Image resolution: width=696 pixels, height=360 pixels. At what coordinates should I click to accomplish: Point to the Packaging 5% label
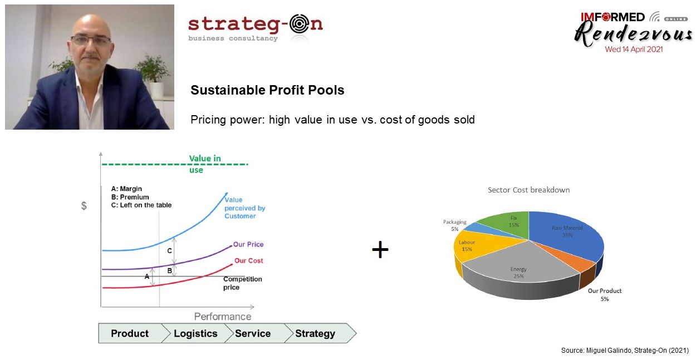(x=454, y=225)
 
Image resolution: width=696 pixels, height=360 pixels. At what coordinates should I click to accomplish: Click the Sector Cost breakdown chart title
(x=528, y=190)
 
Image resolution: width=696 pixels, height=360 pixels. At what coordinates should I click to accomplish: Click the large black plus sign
(x=380, y=249)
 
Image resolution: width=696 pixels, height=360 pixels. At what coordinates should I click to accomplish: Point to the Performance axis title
(x=223, y=317)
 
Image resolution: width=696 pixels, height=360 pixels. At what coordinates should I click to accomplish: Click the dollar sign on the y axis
(x=84, y=206)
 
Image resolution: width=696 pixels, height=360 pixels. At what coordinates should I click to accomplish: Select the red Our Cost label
(x=248, y=260)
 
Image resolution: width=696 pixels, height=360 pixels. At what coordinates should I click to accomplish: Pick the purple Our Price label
(x=248, y=244)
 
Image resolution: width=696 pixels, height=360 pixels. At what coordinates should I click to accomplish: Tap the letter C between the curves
(x=169, y=250)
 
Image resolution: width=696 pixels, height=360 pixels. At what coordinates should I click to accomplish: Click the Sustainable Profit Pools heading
(x=267, y=90)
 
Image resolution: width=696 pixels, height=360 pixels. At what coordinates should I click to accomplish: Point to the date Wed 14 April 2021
(x=634, y=50)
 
